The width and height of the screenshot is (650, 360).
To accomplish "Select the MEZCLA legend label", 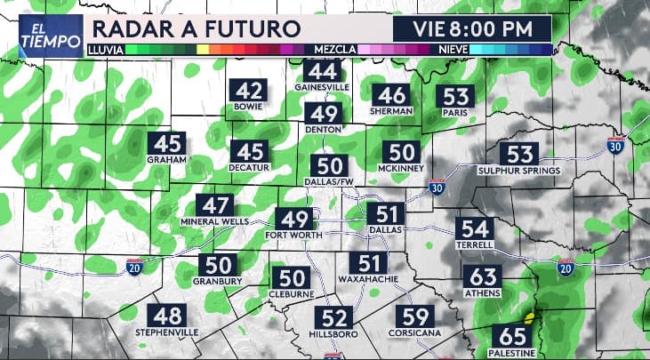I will click(x=330, y=49).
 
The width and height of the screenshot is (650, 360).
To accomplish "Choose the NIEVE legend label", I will click(x=453, y=49).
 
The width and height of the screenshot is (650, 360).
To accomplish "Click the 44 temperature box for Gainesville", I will click(x=323, y=71).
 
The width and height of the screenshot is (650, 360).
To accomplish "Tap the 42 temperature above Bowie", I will click(x=249, y=91).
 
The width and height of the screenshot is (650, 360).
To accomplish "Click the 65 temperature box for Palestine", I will click(x=512, y=337).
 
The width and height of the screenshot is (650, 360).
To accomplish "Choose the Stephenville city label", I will click(x=166, y=333).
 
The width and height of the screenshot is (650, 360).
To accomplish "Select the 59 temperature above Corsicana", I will click(x=416, y=316).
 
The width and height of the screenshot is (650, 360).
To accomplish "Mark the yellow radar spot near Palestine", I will click(x=530, y=316).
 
